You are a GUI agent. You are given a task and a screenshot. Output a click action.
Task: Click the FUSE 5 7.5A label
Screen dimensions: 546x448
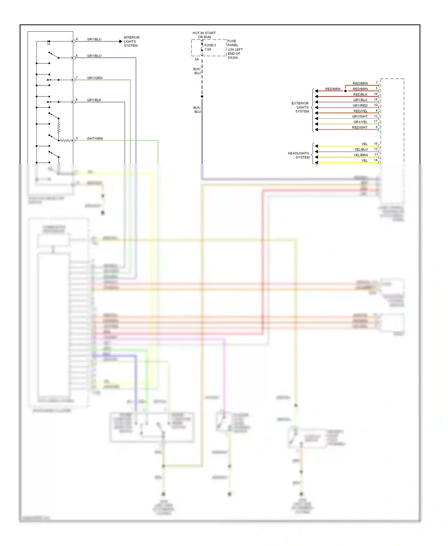[210, 47]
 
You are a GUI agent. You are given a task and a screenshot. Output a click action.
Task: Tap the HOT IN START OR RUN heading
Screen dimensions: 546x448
[204, 35]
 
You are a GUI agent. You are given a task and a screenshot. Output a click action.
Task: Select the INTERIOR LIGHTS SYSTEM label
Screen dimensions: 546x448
[131, 42]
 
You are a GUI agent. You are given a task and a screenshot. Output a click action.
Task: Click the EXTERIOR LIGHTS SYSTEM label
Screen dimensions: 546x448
[300, 107]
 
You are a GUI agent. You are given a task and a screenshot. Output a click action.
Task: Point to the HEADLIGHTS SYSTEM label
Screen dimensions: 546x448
[298, 155]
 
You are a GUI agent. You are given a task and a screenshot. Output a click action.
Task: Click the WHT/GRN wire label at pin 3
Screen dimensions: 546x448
[95, 138]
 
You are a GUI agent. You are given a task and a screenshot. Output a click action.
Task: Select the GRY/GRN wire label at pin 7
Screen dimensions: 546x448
[94, 78]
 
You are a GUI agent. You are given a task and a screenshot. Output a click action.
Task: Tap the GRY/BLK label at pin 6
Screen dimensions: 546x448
[94, 100]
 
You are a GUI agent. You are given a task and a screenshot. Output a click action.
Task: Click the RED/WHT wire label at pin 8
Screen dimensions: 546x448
[360, 127]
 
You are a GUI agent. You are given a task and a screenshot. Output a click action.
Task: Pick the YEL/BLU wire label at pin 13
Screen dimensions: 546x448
[361, 149]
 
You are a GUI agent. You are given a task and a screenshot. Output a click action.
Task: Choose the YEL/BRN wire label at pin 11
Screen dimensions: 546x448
[360, 155]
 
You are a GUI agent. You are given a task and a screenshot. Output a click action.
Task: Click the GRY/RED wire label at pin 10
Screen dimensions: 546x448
[360, 105]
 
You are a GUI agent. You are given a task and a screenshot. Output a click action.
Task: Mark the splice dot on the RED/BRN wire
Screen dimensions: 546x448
[345, 91]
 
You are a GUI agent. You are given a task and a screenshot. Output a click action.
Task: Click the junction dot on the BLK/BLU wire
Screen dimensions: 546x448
[202, 96]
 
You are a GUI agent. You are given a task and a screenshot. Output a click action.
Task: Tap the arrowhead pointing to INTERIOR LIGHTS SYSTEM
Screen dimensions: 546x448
[121, 42]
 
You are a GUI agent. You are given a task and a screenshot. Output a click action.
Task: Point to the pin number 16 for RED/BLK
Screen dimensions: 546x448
[376, 94]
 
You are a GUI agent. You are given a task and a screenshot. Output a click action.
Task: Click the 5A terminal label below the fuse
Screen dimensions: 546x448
[197, 59]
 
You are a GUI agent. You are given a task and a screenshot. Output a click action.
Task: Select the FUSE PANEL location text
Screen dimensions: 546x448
[235, 49]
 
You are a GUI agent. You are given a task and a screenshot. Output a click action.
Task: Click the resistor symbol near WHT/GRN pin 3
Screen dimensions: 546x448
[65, 140]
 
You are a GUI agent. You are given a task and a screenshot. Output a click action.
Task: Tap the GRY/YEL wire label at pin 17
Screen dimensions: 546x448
[360, 122]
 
